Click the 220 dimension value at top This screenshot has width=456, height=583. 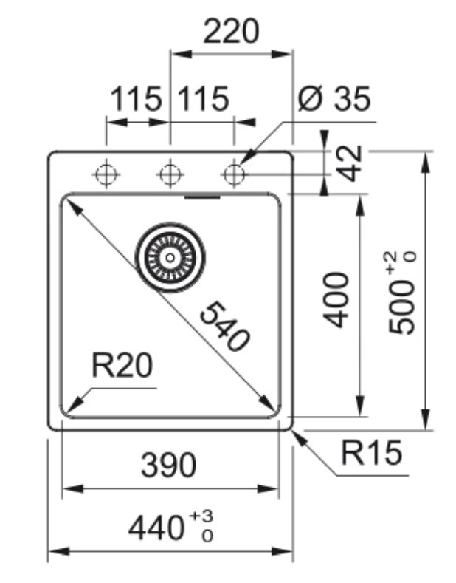tap(232, 31)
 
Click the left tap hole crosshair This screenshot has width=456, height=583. tap(106, 174)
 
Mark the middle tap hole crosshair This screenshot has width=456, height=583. tap(170, 174)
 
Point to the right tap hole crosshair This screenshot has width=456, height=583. tap(234, 174)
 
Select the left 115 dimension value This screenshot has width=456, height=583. tap(136, 99)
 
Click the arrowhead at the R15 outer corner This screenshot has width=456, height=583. tap(296, 434)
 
